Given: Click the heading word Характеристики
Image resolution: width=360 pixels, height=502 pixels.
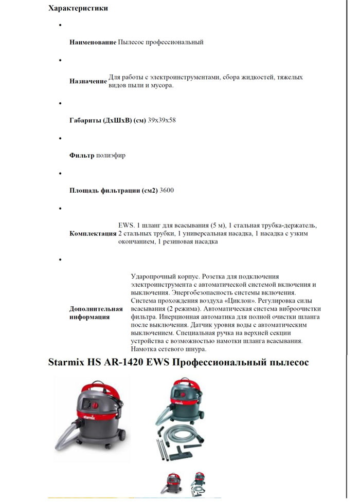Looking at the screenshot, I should (x=78, y=8).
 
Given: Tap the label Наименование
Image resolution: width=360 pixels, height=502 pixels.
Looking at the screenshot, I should (x=93, y=42).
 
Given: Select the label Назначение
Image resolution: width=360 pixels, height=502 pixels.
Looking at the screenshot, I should (x=88, y=81).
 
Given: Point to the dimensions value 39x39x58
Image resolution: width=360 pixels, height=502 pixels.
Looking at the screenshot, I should (x=162, y=120).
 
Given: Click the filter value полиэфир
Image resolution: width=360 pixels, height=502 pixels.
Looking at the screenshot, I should (x=111, y=155).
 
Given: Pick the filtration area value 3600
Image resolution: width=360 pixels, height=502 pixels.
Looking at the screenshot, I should (x=167, y=191).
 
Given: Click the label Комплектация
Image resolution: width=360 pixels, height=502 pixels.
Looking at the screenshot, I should (x=93, y=233).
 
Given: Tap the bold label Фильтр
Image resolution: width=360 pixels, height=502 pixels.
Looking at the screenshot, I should (x=82, y=155).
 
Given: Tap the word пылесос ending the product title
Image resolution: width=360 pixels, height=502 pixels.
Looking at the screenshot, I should (x=286, y=362).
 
